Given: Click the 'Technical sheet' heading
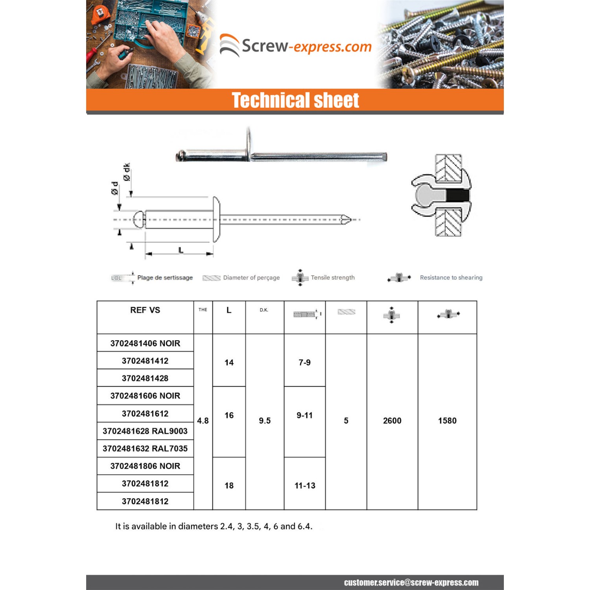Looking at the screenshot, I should tap(295, 100).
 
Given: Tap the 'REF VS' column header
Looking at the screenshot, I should tap(145, 310).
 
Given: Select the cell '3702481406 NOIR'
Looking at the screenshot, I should tap(145, 343).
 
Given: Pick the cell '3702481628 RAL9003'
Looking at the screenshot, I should tap(145, 431).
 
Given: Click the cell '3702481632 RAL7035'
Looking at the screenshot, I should tap(145, 448).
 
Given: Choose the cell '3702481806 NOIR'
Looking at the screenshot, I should tap(145, 466).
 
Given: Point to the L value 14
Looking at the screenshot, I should tap(229, 362).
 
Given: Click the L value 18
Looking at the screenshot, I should tap(229, 485).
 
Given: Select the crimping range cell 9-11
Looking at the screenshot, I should tap(304, 415).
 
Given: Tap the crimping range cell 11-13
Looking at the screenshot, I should tap(305, 485).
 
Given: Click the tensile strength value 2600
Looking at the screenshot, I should tap(392, 420).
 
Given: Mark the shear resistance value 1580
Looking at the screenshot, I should tap(447, 420).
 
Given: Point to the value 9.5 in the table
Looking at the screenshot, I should tap(265, 420).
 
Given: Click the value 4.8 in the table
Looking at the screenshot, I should tap(203, 420).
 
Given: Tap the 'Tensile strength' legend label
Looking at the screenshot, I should tap(333, 278).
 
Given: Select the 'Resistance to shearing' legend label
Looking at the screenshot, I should tap(451, 278).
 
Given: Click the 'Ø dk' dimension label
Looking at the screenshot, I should tap(126, 172).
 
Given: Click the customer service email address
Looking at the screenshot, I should tap(411, 583).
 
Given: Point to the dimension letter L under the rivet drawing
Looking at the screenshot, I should tap(181, 250).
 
